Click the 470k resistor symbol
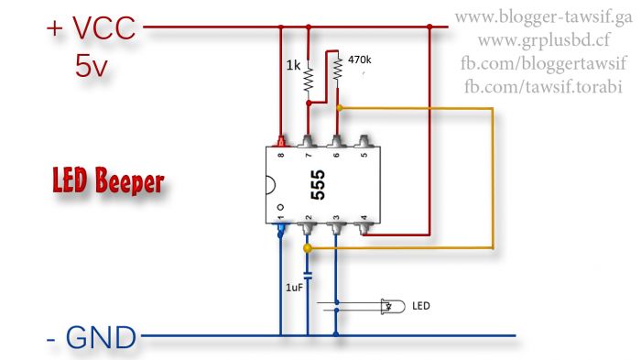click(x=337, y=69)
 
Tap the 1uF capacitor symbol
click(x=308, y=275)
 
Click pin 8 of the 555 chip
click(x=280, y=143)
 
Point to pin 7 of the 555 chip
click(x=309, y=143)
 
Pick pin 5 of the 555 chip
click(x=364, y=143)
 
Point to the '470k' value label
click(x=361, y=60)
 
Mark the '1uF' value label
click(x=294, y=288)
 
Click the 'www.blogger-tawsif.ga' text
click(x=546, y=17)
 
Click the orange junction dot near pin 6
click(x=339, y=108)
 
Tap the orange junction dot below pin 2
click(x=308, y=248)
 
